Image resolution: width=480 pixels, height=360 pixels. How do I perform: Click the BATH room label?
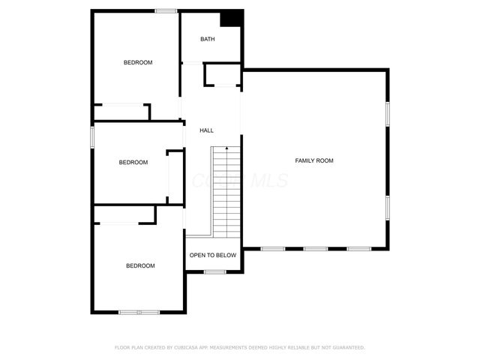click(x=208, y=39)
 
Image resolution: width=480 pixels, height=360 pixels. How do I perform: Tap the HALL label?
click(x=206, y=130)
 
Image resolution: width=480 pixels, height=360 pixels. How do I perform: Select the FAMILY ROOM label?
click(x=314, y=160)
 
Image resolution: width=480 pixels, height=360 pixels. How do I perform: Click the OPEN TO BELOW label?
click(x=213, y=255)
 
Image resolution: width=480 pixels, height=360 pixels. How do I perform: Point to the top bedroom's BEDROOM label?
click(x=138, y=62)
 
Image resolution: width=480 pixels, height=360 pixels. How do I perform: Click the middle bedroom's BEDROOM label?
click(x=133, y=162)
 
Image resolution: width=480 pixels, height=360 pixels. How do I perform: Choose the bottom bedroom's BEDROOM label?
click(x=140, y=265)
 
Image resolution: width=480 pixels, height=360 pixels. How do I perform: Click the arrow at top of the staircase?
click(x=226, y=150)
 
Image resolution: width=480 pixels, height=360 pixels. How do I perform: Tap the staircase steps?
click(x=226, y=191)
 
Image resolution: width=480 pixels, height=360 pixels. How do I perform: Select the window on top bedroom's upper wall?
click(x=166, y=10)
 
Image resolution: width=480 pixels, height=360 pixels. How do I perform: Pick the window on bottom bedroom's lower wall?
click(x=139, y=312)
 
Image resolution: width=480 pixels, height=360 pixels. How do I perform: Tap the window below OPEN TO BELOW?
click(x=215, y=271)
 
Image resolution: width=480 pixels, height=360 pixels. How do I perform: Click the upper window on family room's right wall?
click(x=388, y=113)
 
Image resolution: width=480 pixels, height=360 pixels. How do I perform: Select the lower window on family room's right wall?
click(x=388, y=207)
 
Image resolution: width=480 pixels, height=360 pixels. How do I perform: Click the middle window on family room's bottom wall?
click(x=314, y=248)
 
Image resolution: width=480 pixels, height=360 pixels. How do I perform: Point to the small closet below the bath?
click(x=222, y=76)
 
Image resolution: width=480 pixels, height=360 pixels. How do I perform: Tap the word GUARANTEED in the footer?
click(x=346, y=347)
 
